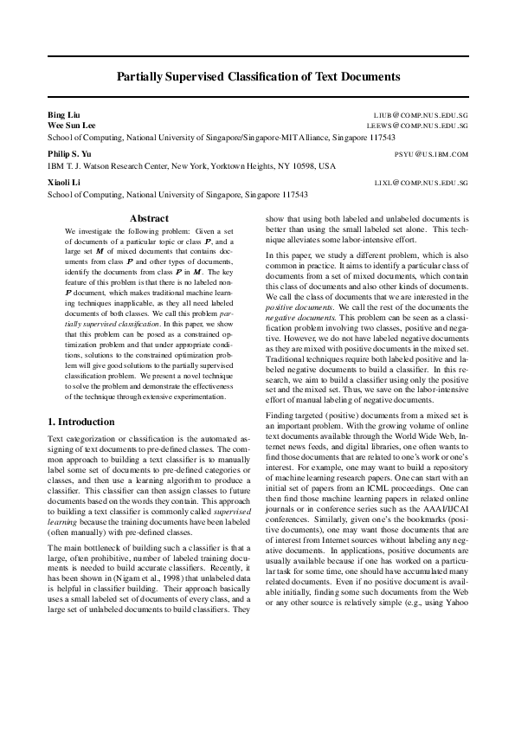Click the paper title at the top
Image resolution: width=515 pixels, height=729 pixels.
(x=258, y=76)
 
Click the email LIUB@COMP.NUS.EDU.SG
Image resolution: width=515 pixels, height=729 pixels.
(x=421, y=114)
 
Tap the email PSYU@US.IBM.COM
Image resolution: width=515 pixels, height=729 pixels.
(x=430, y=153)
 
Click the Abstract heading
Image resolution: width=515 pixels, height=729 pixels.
(x=149, y=219)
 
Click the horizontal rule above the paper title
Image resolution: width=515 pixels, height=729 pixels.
(x=258, y=55)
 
